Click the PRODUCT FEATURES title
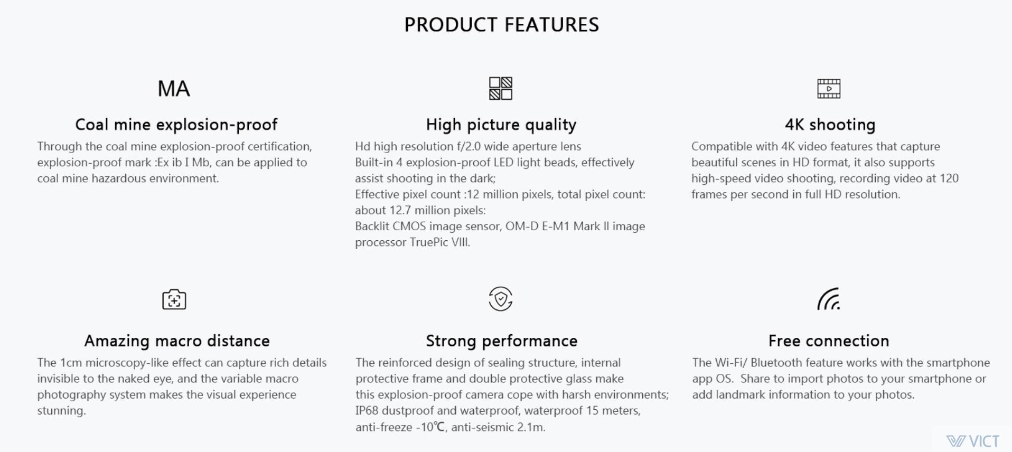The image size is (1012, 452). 501,25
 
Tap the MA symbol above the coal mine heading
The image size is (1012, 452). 174,88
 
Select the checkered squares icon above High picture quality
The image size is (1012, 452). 501,88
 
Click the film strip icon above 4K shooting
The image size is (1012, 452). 829,89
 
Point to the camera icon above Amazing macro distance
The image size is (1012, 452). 174,299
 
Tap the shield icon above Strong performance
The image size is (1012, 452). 501,299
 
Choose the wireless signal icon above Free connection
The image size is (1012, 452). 829,299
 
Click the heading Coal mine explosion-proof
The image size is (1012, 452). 176,125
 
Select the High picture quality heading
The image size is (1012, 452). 501,125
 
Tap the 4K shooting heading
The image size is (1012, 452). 830,125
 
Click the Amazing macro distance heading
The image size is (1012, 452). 177,341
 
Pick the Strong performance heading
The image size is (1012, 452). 502,341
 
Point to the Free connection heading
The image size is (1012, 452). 829,341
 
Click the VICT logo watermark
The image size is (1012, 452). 973,441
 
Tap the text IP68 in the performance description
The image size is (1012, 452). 367,411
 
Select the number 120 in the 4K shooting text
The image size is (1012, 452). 949,178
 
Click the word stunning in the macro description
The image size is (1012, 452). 61,411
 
